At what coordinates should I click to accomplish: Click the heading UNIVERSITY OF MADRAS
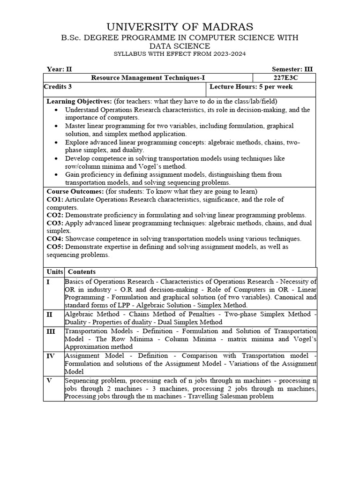click(180, 27)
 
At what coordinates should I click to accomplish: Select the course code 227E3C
click(284, 77)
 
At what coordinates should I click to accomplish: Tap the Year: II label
click(60, 68)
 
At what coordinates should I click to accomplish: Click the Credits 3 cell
click(58, 87)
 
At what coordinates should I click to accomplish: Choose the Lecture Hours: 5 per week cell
click(251, 87)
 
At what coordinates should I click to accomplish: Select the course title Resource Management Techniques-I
click(148, 77)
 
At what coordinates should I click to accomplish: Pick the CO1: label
click(55, 199)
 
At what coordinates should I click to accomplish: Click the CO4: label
click(55, 239)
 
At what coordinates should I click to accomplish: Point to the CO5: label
click(55, 247)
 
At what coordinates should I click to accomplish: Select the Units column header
click(54, 271)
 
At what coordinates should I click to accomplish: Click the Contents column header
click(82, 271)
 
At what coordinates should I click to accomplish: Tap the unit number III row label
click(51, 331)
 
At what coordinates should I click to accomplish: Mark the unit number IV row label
click(51, 356)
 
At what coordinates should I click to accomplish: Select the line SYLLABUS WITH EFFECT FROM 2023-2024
click(180, 54)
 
